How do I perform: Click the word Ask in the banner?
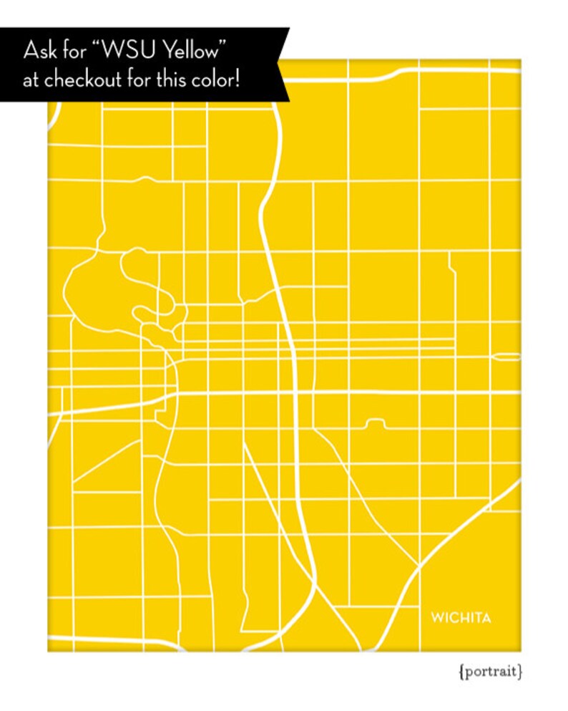tap(39, 52)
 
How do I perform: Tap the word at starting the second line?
tap(30, 79)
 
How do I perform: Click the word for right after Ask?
tap(74, 52)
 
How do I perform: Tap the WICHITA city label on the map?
tap(461, 618)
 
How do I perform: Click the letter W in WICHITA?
tap(436, 618)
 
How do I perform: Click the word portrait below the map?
tap(491, 672)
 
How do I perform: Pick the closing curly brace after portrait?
tap(522, 672)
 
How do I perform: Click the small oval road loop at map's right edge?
tap(507, 357)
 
